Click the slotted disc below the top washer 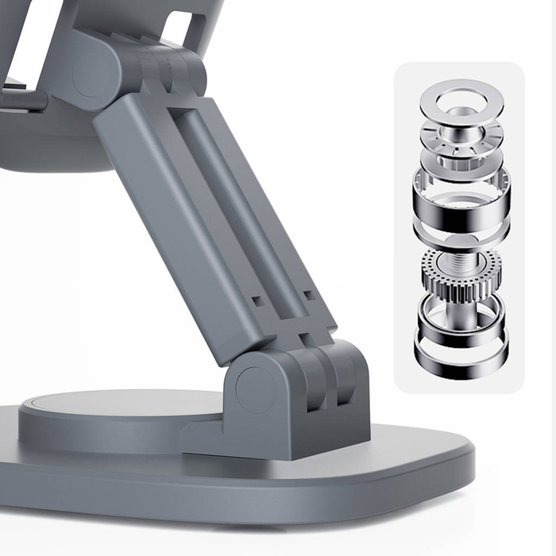pyautogui.click(x=461, y=135)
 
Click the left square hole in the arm pyautogui.click(x=256, y=302)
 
